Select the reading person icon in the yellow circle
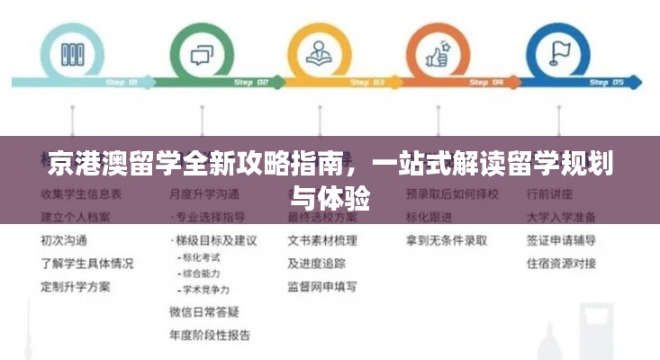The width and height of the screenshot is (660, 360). click(319, 52)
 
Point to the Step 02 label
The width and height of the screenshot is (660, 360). click(251, 83)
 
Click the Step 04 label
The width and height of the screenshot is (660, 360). click(485, 83)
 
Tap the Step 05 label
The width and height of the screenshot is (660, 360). click(605, 83)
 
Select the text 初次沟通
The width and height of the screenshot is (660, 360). click(64, 240)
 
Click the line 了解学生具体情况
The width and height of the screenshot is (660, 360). click(86, 264)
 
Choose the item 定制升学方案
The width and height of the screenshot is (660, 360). click(76, 287)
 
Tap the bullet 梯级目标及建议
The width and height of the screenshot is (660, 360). click(215, 240)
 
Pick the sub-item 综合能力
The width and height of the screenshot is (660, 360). click(202, 274)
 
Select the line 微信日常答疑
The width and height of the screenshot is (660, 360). click(203, 312)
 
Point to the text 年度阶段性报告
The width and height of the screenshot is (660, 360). click(209, 336)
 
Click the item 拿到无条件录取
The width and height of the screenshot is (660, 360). click(447, 240)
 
